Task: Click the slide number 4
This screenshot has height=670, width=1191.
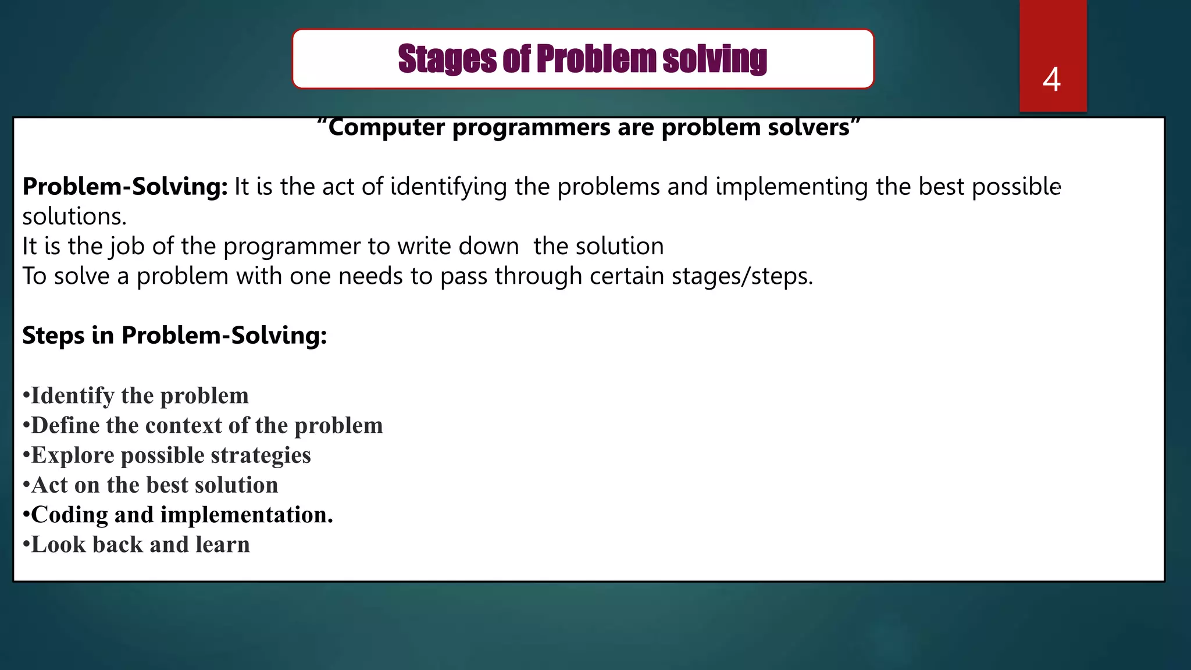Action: pyautogui.click(x=1051, y=80)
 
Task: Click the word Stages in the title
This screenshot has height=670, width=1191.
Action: pyautogui.click(x=446, y=59)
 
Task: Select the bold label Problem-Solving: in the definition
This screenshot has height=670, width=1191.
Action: pyautogui.click(x=125, y=187)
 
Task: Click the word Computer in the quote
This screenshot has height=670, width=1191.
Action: pyautogui.click(x=386, y=127)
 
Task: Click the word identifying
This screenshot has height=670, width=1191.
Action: pyautogui.click(x=448, y=187)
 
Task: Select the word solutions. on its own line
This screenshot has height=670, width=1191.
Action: pyautogui.click(x=74, y=217)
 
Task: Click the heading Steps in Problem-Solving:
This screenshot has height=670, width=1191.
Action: pyautogui.click(x=174, y=336)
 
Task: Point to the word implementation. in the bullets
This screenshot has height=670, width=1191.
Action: pyautogui.click(x=247, y=515)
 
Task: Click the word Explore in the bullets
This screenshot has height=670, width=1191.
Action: pyautogui.click(x=73, y=455)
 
